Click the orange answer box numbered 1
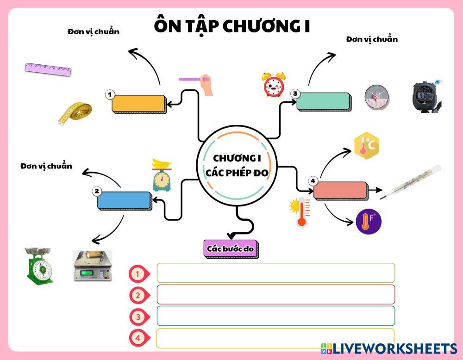tap(138, 103)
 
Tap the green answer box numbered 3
tap(323, 101)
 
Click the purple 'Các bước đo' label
tap(230, 248)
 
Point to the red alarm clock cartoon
tap(273, 85)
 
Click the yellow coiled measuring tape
tap(75, 113)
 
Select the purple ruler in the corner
tap(48, 68)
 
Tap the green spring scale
tap(39, 265)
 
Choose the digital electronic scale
tap(93, 266)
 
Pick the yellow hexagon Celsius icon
tap(366, 145)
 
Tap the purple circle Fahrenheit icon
tap(369, 221)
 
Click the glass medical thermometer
tap(410, 182)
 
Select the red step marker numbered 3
tap(138, 317)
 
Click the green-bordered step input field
tap(275, 273)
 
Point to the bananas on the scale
tap(162, 163)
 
